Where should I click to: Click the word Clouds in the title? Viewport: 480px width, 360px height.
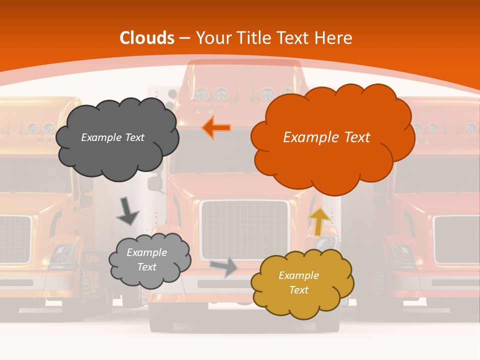point(147,38)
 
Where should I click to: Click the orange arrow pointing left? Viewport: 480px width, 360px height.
point(216,127)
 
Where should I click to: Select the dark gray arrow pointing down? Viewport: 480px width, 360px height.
point(127,211)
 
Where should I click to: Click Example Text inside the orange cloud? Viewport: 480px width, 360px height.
point(326,137)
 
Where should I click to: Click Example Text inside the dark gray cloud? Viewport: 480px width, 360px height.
point(112,137)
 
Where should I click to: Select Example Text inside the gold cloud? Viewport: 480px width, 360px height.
point(298,282)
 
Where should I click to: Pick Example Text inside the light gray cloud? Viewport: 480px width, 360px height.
point(146,259)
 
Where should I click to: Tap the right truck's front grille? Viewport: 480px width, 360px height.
point(456,239)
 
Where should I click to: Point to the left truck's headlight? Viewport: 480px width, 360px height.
point(61,254)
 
